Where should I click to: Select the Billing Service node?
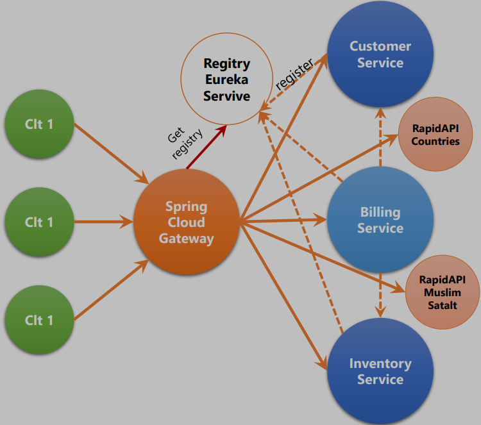[x=380, y=220]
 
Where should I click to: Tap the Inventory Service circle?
[x=380, y=371]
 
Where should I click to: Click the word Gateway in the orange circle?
[x=186, y=238]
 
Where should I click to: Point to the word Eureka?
[x=226, y=80]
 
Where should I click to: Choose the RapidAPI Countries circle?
[x=435, y=135]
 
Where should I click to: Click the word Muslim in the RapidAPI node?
[x=443, y=292]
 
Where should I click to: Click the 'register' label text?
[x=294, y=74]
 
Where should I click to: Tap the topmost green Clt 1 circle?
[x=39, y=124]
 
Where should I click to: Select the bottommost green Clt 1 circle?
[x=39, y=320]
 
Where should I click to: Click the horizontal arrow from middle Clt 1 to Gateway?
[x=103, y=222]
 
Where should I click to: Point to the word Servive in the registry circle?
[x=226, y=96]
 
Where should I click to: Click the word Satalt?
[x=443, y=305]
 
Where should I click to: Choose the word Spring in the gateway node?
[x=186, y=206]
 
